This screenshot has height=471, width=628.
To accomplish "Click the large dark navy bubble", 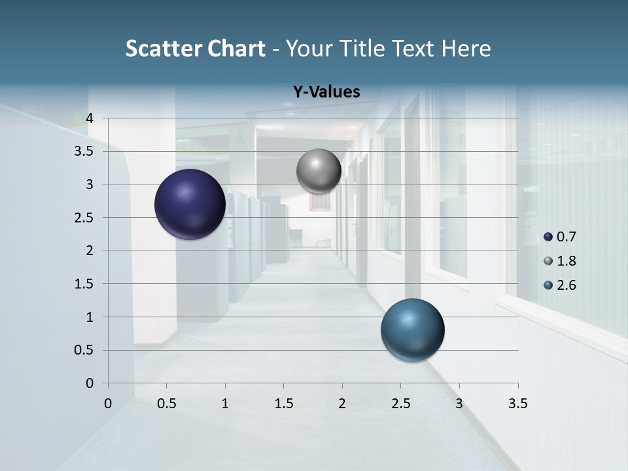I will pos(190,204).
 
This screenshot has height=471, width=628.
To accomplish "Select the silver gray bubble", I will pos(319,171).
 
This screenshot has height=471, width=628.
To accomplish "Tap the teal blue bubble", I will pos(412,330).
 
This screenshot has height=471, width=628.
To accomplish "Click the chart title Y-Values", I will pos(326,92).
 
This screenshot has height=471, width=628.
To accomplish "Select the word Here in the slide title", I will pos(466,48).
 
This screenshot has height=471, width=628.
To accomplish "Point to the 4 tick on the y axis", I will pos(90,118).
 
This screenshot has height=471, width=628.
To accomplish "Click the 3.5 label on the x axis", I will pos(517,404).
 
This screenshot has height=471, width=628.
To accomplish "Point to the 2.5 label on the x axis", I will pos(400,404).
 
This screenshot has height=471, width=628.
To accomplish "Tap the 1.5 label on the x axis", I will pos(283,404).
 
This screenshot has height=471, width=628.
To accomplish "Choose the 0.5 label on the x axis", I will pos(166,404).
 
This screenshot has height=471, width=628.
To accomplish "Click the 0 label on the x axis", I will pos(108,404).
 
